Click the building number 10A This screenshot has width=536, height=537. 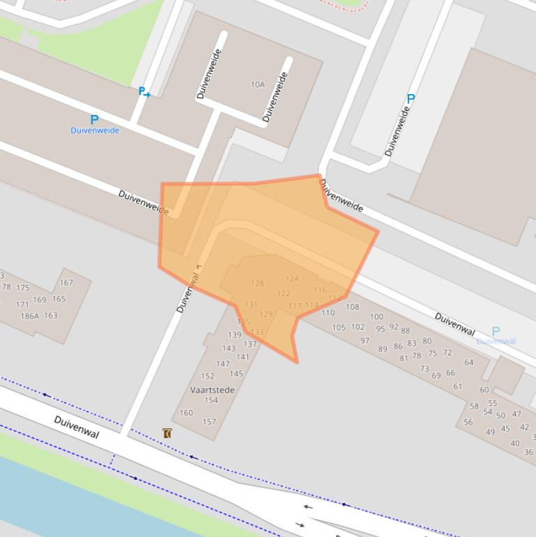coord(258,84)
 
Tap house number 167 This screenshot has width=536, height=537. coord(66,282)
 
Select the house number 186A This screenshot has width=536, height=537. coord(29,316)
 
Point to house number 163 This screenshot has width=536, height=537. coord(51,315)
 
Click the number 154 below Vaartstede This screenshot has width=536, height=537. coord(210,400)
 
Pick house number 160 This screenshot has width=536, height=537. coord(186,413)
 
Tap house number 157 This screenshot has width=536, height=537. coord(209,422)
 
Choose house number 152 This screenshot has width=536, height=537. coord(208,376)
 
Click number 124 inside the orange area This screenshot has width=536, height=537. coord(292,279)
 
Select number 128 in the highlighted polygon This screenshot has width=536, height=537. coord(257,283)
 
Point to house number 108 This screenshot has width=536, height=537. coord(353,307)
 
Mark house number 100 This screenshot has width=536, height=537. coord(376,317)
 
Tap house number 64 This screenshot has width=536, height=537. coord(469,362)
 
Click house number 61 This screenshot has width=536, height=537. coord(458,386)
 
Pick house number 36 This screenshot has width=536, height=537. coord(528,452)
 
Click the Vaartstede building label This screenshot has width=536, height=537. coord(213,391)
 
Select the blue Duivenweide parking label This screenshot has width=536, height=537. coord(95,130)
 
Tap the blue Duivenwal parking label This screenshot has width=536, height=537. coord(496,341)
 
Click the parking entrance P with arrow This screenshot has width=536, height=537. coord(144,92)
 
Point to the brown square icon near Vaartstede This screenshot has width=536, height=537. coord(167,433)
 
